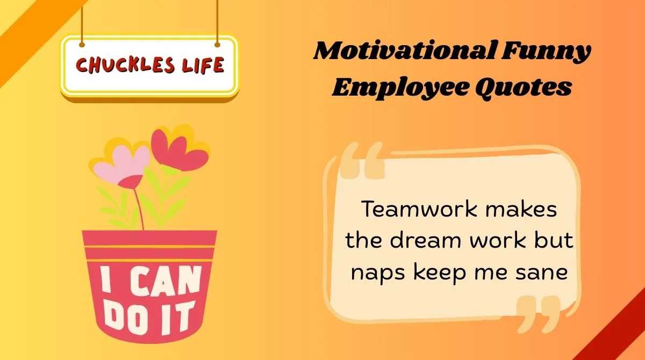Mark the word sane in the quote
544,272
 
